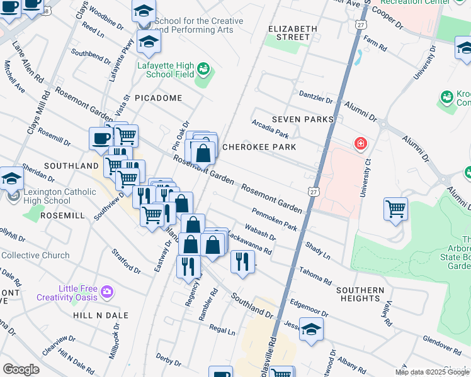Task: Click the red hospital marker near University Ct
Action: (x=360, y=144)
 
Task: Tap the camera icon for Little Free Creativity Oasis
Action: (x=106, y=292)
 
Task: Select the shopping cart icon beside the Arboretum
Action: (x=395, y=209)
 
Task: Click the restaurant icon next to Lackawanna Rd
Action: (x=242, y=261)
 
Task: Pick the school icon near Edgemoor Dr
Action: (x=311, y=331)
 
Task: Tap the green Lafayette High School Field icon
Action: (x=203, y=68)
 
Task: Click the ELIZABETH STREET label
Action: (x=289, y=33)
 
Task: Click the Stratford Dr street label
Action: (x=126, y=261)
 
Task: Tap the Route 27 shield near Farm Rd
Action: (x=360, y=24)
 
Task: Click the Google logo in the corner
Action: (x=21, y=369)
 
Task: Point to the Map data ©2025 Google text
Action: (x=432, y=372)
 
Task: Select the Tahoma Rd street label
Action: (x=315, y=275)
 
